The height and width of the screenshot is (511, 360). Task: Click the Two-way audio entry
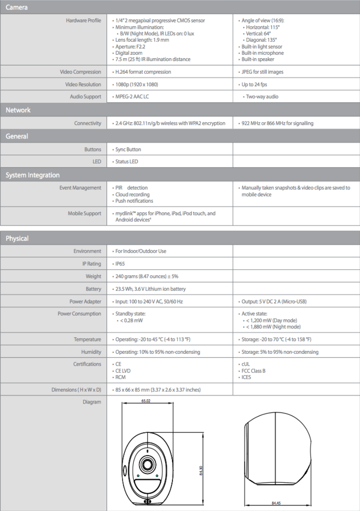coord(262,97)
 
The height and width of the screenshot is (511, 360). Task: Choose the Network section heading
coord(18,110)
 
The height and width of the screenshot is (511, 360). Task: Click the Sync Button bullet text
coord(128,150)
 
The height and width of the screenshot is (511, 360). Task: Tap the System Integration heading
coord(33,175)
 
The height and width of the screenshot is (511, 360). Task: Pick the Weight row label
coord(93,277)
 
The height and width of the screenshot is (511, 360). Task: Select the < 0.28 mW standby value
coord(132,320)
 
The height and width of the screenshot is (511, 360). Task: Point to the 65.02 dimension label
coord(145,401)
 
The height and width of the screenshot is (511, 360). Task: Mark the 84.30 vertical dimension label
coord(201,471)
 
